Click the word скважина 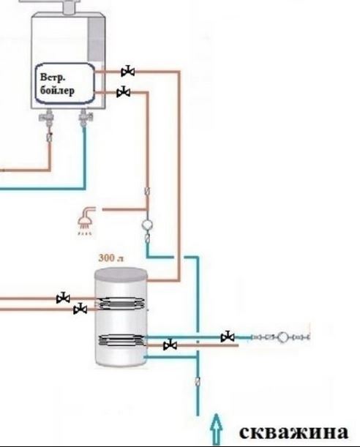293,432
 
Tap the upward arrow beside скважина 217,429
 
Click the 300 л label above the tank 111,258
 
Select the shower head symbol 86,221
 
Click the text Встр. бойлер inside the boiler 57,84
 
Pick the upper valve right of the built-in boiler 128,71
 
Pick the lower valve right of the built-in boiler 124,91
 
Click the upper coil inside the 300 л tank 121,303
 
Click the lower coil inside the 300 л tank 121,340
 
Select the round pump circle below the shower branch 147,225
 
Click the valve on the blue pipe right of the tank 228,337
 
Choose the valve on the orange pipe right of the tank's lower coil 170,345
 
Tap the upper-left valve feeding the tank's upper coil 63,298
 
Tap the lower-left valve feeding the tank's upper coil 80,309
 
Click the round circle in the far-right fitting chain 283,337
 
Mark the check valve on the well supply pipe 198,381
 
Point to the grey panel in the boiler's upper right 95,40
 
